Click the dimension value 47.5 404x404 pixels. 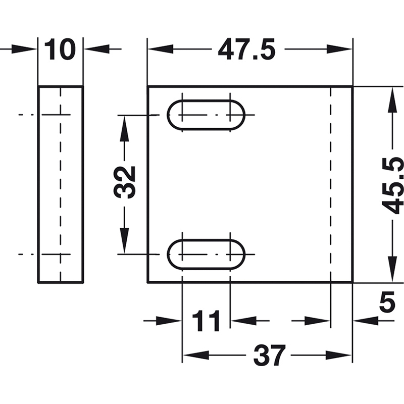pos(246,49)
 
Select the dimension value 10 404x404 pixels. pos(60,49)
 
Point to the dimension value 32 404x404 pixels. pos(124,182)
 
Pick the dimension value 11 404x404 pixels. pos(206,321)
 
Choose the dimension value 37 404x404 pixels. pos(270,356)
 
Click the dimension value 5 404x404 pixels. pos(387,301)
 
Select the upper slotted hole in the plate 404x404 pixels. pos(206,115)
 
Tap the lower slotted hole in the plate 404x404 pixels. pos(206,255)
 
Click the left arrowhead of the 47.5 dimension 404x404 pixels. pos(160,49)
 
